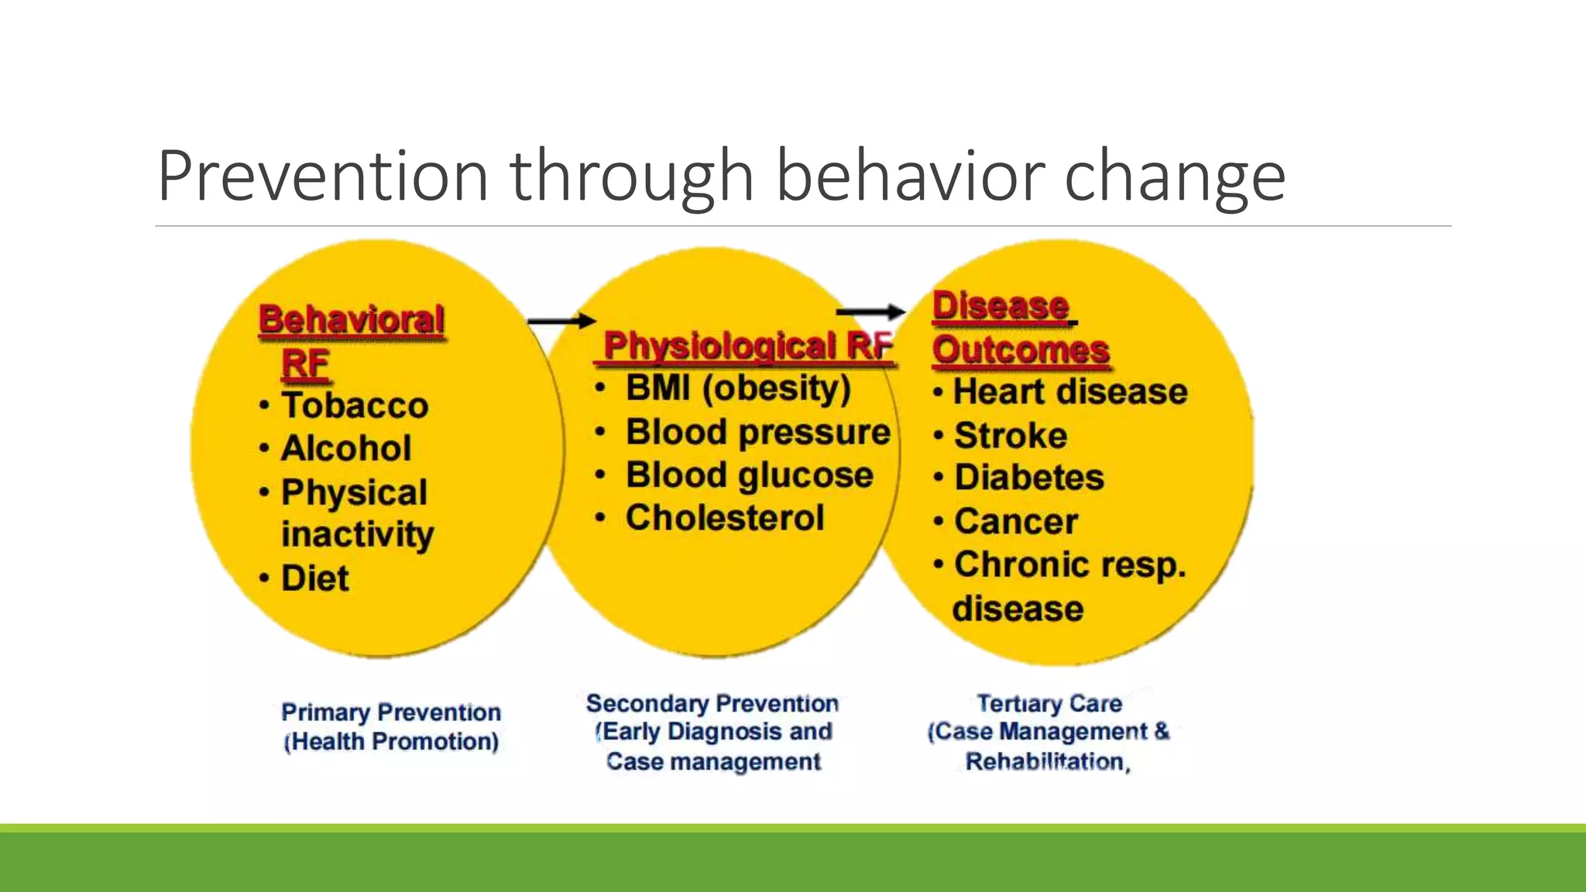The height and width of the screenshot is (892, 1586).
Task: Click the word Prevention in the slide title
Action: click(323, 177)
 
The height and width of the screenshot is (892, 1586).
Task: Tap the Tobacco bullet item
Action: click(354, 406)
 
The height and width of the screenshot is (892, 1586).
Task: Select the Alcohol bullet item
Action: click(345, 448)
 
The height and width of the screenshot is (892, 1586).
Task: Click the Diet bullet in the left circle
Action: click(314, 578)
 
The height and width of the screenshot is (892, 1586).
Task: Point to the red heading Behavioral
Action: click(352, 320)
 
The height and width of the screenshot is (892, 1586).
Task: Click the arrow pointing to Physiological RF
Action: click(561, 321)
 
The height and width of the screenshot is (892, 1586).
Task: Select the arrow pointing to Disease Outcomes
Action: click(870, 312)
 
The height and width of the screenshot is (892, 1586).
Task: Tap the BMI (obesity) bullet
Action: click(737, 389)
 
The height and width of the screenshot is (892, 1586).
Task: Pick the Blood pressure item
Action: click(757, 432)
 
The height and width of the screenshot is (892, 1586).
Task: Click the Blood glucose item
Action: click(749, 475)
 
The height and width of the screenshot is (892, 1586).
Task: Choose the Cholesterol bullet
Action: click(725, 518)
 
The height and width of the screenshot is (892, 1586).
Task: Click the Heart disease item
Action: click(1069, 392)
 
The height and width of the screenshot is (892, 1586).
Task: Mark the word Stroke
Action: click(1011, 435)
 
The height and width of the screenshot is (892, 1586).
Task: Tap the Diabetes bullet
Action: click(1028, 478)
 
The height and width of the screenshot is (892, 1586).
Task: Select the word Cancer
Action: click(1015, 521)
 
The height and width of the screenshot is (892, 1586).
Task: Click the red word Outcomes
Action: click(1021, 350)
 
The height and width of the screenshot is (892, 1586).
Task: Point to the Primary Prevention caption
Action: click(391, 712)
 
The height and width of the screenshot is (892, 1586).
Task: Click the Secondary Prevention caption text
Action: click(712, 703)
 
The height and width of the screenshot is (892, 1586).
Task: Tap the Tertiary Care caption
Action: click(1049, 703)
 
